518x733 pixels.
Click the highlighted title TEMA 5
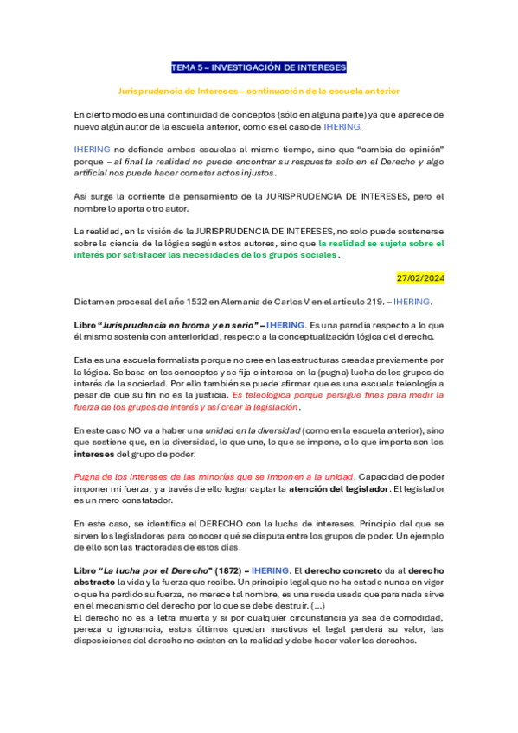coord(259,67)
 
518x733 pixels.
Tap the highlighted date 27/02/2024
coord(420,278)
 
